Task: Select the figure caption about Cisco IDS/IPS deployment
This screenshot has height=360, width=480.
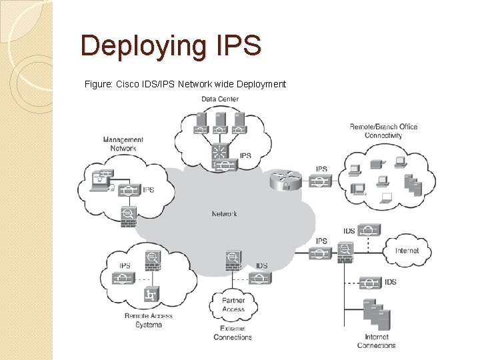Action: coord(185,84)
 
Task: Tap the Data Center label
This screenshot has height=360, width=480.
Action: coord(220,99)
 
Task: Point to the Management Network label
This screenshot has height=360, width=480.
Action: coord(123,143)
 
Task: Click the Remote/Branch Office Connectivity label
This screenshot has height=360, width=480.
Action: coord(383,131)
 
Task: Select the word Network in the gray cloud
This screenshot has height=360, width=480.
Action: coord(224,214)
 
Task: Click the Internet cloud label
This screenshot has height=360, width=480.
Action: coord(407,251)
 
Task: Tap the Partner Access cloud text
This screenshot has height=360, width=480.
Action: coord(233,305)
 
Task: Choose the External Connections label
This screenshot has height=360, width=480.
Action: coord(233,333)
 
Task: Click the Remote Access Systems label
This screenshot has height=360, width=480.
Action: coord(148,320)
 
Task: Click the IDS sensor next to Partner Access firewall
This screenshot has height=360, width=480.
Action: coord(261,277)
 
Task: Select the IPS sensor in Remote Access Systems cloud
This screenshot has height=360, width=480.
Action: coord(125,277)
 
